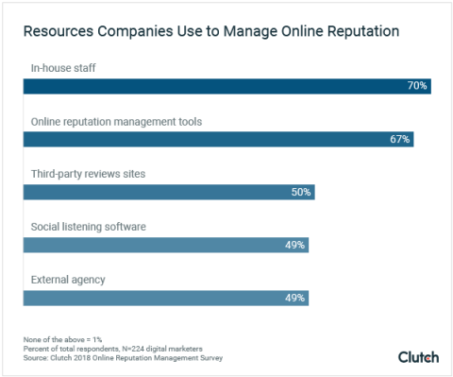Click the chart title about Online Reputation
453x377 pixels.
(210, 32)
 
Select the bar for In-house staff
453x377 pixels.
(226, 86)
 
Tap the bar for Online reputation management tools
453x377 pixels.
(218, 139)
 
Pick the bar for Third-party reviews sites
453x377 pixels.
(169, 192)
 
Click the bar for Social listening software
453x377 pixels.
(166, 245)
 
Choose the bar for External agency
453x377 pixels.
(166, 298)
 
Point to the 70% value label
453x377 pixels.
(417, 86)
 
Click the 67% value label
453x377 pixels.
(399, 139)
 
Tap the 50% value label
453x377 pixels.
(301, 192)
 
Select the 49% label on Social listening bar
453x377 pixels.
(295, 245)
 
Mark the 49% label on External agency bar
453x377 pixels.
(295, 298)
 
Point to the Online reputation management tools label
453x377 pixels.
(115, 121)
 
